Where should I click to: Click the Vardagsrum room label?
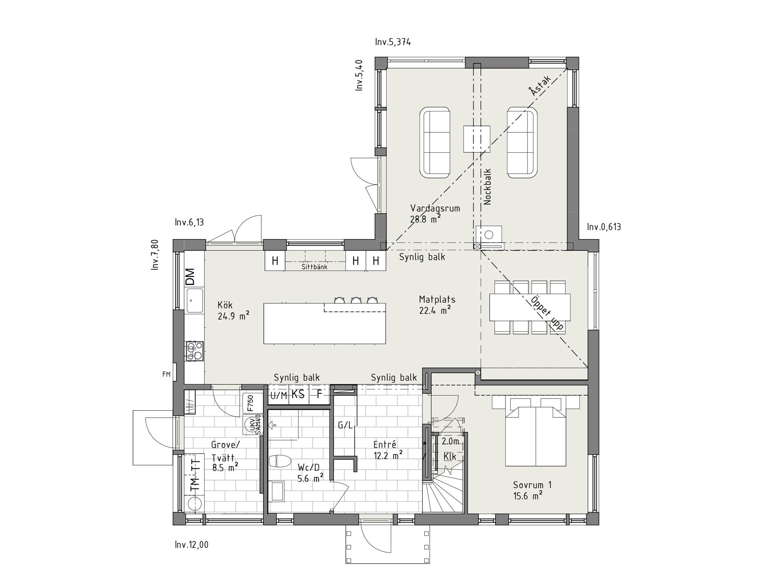click(x=435, y=208)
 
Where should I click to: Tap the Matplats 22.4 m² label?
click(x=437, y=305)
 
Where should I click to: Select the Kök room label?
click(x=225, y=305)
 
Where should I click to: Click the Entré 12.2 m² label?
click(x=388, y=450)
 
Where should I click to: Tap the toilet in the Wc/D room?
click(x=280, y=461)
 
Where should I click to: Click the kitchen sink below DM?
click(x=195, y=300)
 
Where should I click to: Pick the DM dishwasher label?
click(x=190, y=277)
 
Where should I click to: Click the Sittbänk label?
click(x=314, y=267)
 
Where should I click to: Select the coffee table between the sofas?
click(x=477, y=139)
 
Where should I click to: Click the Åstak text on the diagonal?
click(x=539, y=86)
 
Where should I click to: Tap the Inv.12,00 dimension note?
click(x=192, y=545)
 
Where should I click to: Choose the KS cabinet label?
click(x=298, y=394)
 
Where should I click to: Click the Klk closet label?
click(x=450, y=457)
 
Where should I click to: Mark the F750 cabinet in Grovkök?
click(x=250, y=403)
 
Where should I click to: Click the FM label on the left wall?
click(x=166, y=374)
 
